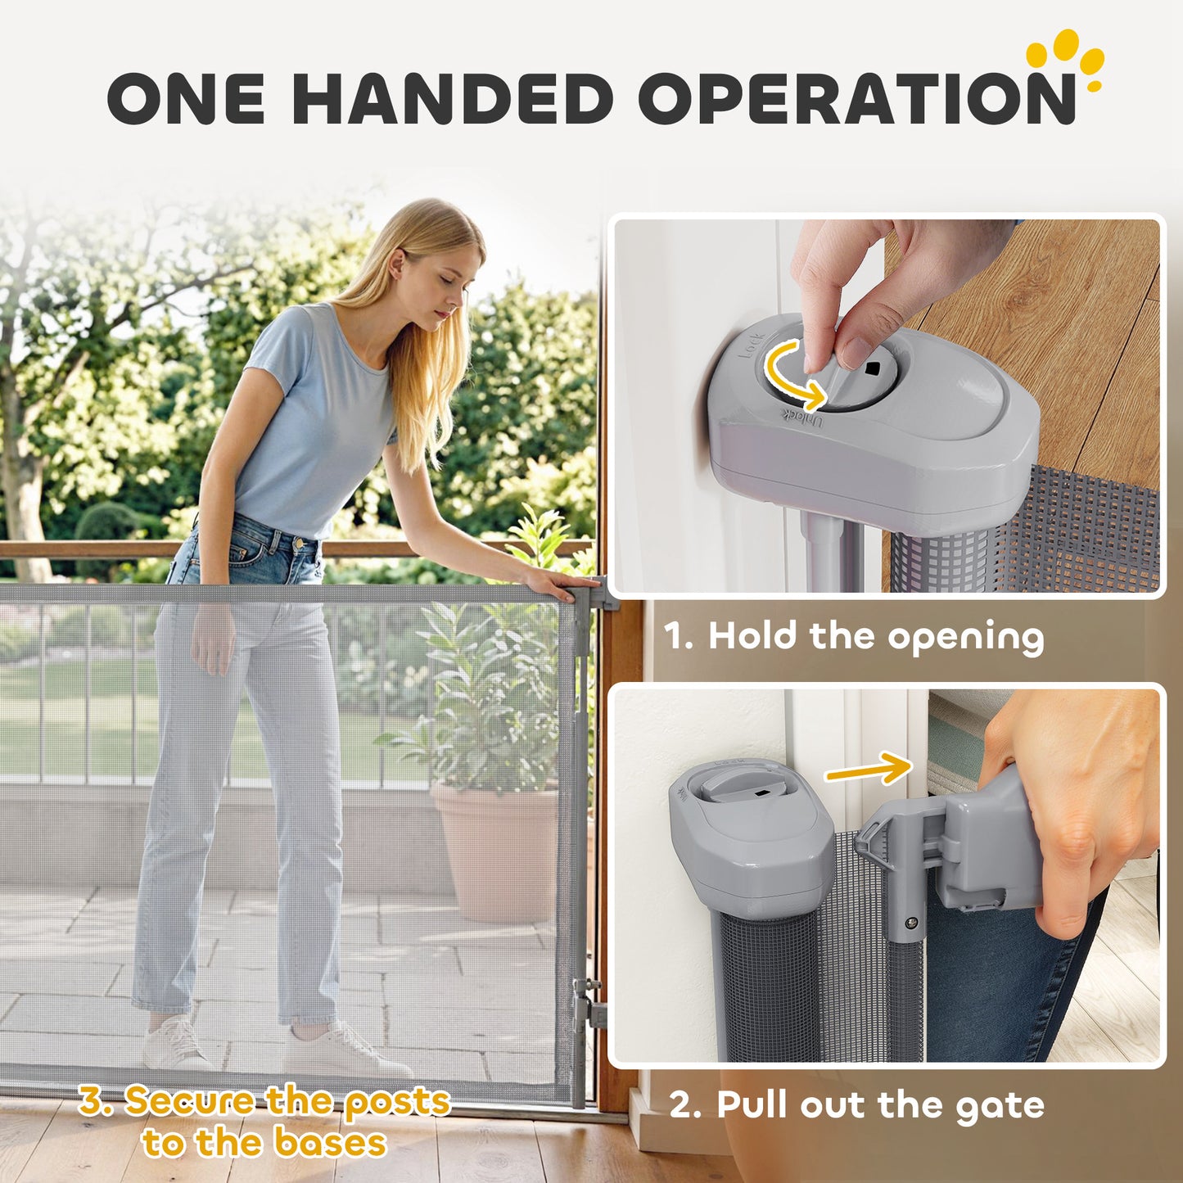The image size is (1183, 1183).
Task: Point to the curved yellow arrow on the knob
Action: click(x=792, y=376)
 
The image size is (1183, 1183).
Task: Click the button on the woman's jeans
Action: click(x=300, y=543)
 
